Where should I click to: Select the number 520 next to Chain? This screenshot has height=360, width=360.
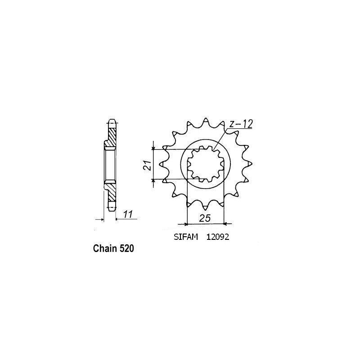pyautogui.click(x=126, y=248)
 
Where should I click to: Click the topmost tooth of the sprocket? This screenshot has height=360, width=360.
pyautogui.click(x=206, y=121)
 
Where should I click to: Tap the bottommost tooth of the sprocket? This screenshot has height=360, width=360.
pyautogui.click(x=206, y=208)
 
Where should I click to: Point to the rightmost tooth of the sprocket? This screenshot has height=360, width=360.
pyautogui.click(x=249, y=165)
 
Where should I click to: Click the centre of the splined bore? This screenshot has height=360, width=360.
pyautogui.click(x=206, y=165)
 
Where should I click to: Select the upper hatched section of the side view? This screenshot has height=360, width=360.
pyautogui.click(x=112, y=135)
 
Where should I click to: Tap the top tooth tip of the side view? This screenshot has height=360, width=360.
pyautogui.click(x=112, y=121)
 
